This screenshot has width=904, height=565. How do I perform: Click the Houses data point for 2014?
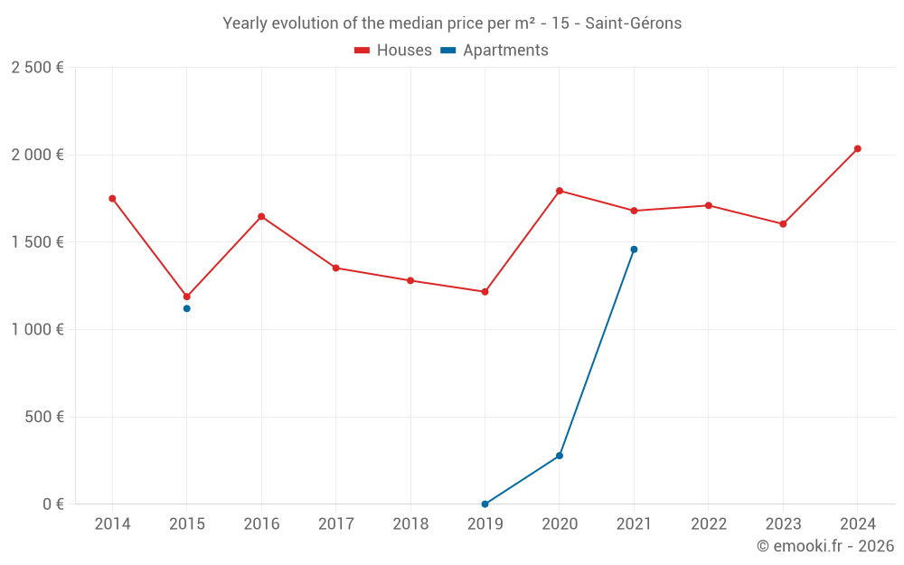coord(112,198)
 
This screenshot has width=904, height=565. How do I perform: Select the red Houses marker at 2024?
coord(858,148)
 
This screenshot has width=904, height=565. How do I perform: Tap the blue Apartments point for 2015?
coord(187,308)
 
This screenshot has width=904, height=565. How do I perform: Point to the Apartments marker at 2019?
coord(485,504)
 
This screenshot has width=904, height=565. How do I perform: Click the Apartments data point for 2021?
coord(634,250)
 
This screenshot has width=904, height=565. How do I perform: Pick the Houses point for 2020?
coord(560,191)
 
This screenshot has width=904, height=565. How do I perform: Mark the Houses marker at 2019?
coord(485,292)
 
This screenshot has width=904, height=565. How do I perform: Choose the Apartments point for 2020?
coord(560,456)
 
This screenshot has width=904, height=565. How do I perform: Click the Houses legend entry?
coord(393,51)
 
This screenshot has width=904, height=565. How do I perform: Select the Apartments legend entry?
coord(494,51)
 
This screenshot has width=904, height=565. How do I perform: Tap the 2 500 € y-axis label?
coord(37,68)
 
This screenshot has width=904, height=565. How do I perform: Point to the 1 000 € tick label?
coord(37,330)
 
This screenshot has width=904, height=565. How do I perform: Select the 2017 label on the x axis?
coord(336,524)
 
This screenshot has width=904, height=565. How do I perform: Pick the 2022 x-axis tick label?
coord(709,524)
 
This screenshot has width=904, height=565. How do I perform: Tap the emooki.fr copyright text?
coord(824,546)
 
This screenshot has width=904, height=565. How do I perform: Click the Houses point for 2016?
coord(261,216)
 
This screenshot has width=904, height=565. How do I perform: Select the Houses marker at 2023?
coord(783,223)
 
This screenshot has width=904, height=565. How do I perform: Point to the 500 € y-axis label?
coord(44,418)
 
